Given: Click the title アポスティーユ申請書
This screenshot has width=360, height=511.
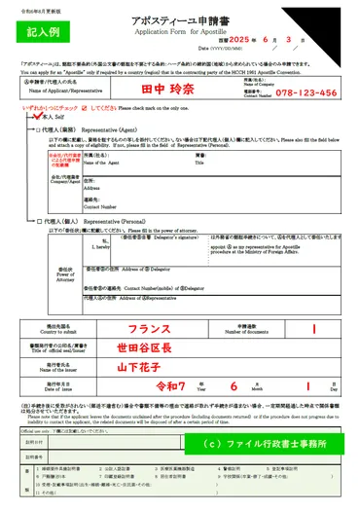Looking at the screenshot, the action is click(x=181, y=18).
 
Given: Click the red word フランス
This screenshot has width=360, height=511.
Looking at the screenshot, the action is click(x=150, y=329).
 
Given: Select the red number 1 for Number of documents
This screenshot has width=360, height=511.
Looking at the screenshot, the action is click(x=314, y=329).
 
